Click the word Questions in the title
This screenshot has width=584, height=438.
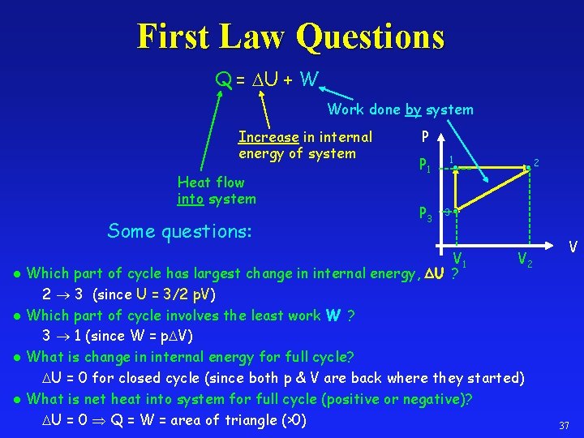click(371, 36)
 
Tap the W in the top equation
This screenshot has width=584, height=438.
click(308, 79)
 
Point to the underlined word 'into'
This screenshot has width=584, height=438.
click(191, 199)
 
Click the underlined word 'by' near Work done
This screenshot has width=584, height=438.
click(413, 109)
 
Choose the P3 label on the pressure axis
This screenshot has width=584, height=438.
click(425, 214)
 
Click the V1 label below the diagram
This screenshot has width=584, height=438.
click(459, 260)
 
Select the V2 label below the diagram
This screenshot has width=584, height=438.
click(525, 260)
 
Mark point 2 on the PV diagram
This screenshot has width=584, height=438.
click(528, 167)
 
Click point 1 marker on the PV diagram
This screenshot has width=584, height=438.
click(456, 168)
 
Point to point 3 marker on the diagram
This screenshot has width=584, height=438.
click(456, 213)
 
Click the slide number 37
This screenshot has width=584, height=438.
click(564, 425)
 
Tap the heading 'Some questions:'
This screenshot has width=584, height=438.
click(180, 231)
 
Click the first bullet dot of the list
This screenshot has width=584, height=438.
click(18, 274)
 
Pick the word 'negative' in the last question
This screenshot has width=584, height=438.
click(440, 398)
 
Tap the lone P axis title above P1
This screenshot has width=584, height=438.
click(426, 137)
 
